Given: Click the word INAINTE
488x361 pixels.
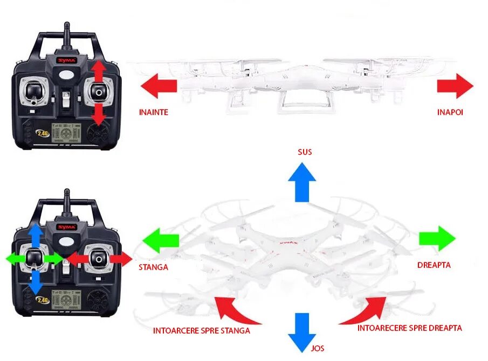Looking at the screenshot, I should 154,112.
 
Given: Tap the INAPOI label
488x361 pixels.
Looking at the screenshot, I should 450,112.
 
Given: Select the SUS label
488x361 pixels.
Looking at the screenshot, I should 305,152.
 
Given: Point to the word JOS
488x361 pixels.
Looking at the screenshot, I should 318,348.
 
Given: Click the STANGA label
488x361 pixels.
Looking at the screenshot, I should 153,267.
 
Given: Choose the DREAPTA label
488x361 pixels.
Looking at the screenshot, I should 434,265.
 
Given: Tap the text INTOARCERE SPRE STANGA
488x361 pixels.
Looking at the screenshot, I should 202,330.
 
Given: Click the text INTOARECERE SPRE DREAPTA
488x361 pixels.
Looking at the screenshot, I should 409,328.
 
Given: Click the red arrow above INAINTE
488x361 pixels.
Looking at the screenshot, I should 159,86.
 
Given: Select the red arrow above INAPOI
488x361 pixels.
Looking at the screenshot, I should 455,86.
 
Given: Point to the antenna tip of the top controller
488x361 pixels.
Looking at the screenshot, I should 67,25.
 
